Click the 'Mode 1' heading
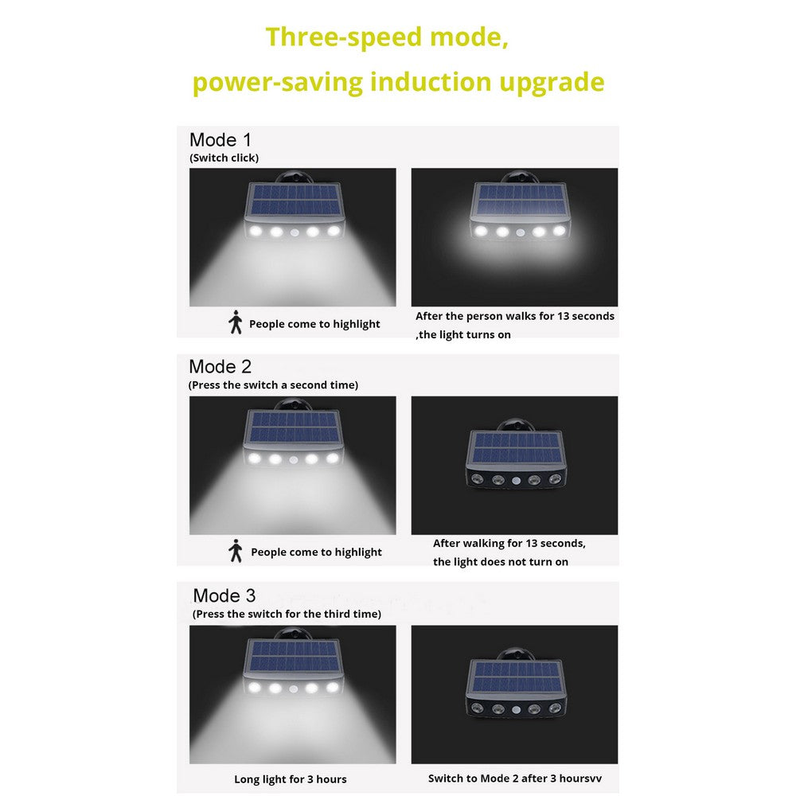tap(220, 139)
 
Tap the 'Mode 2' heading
tap(220, 366)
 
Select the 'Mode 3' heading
tap(224, 595)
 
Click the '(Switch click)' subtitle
tap(224, 158)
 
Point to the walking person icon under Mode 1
tap(235, 322)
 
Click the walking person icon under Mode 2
tap(235, 550)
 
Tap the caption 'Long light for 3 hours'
tap(291, 778)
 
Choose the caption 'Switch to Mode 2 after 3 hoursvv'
tap(515, 778)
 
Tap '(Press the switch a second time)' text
tap(273, 385)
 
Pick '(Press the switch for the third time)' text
tap(287, 614)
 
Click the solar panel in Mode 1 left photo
tap(295, 200)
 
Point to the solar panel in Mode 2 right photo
tap(516, 447)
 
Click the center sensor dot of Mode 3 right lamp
tap(517, 710)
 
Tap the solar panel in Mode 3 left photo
tap(295, 656)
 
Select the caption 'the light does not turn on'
tap(501, 561)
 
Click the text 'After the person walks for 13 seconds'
tap(515, 316)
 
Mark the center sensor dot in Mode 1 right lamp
tap(521, 232)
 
